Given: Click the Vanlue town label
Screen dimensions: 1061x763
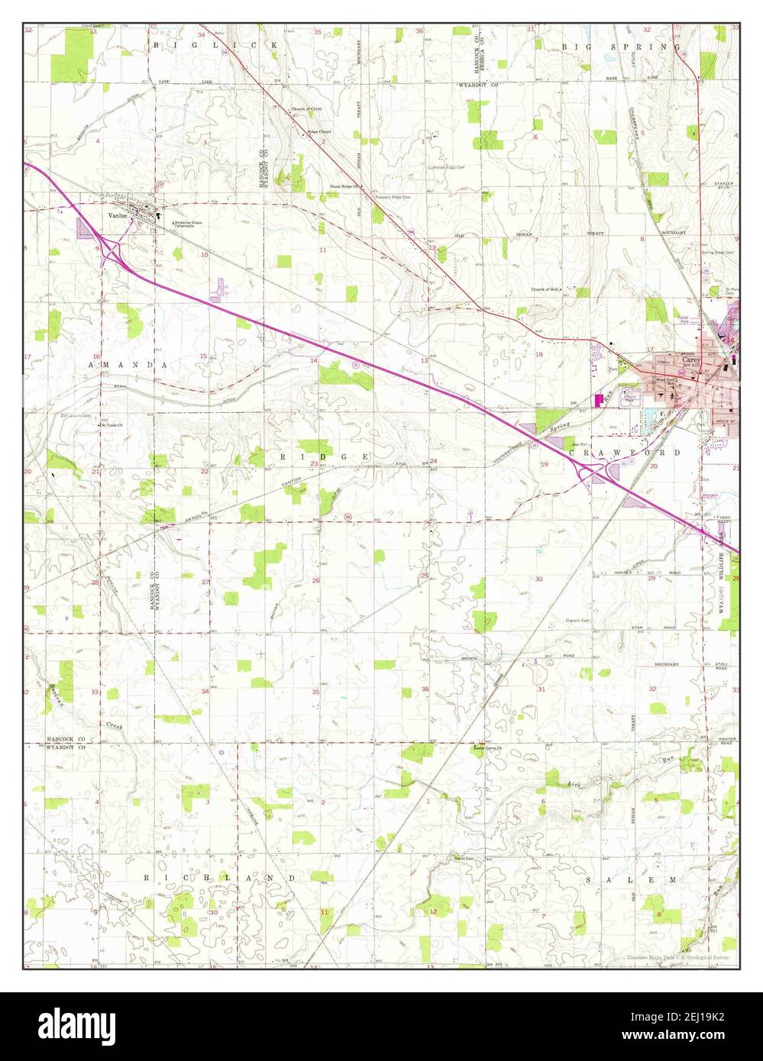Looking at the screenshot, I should point(116,215).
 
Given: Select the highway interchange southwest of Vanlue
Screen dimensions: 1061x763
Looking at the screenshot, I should point(112,249).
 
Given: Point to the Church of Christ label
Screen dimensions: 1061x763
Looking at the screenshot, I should point(307,109).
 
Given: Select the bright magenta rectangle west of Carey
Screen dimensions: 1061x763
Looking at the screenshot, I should point(599,398).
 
